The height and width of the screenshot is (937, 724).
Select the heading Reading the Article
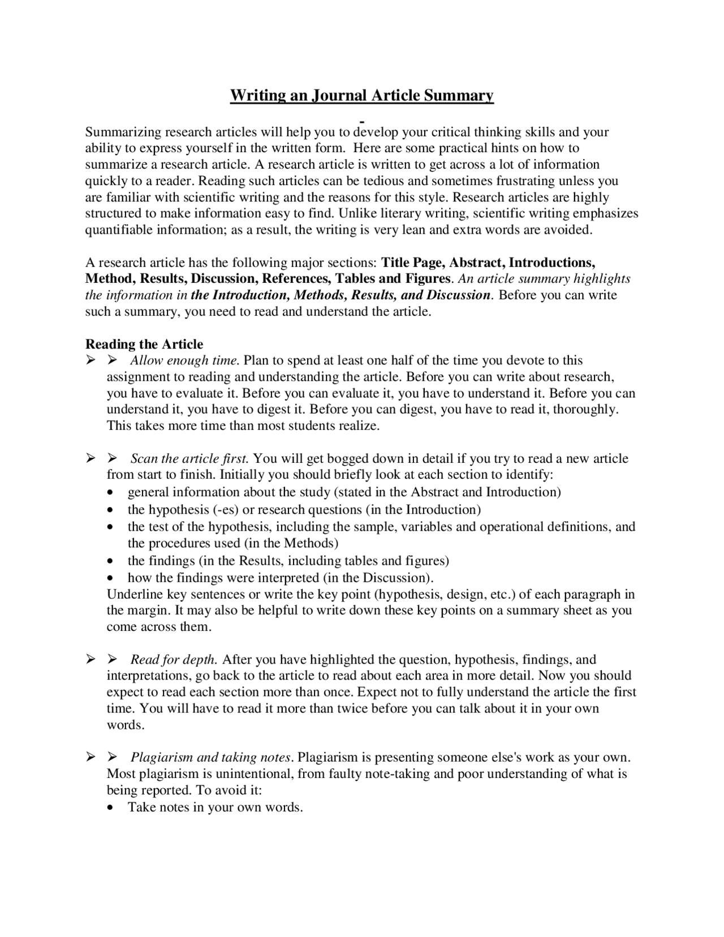[144, 344]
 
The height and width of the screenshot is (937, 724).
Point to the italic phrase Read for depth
[174, 659]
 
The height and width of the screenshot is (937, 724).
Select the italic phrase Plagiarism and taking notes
[211, 757]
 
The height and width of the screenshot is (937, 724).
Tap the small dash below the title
[361, 121]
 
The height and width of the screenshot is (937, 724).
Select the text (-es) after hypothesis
[226, 509]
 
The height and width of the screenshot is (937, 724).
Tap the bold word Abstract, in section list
[477, 263]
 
